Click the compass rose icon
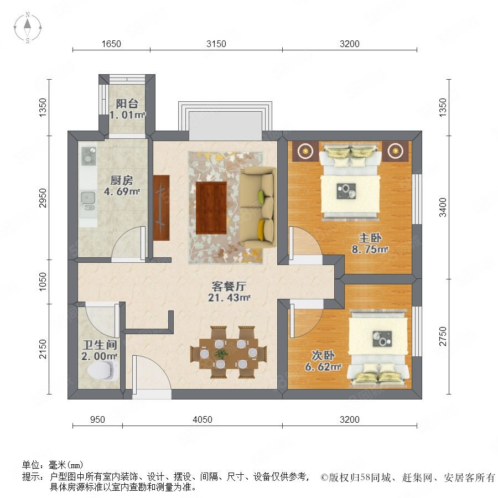[x=28, y=28]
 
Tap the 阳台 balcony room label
[x=127, y=103]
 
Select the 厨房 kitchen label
[x=122, y=180]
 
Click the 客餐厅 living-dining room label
[x=229, y=287]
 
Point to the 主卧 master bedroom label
[x=370, y=238]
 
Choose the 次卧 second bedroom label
[x=323, y=355]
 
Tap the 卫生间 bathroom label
[x=100, y=345]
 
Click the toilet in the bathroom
[x=102, y=370]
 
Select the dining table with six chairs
[x=229, y=352]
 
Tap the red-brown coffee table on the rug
[x=211, y=207]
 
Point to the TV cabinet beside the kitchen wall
[x=162, y=207]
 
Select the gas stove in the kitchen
[x=89, y=156]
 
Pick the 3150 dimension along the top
[x=216, y=44]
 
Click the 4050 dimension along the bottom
[x=203, y=419]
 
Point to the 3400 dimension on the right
[x=443, y=207]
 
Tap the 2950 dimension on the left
[x=43, y=198]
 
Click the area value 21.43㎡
[x=229, y=298]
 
